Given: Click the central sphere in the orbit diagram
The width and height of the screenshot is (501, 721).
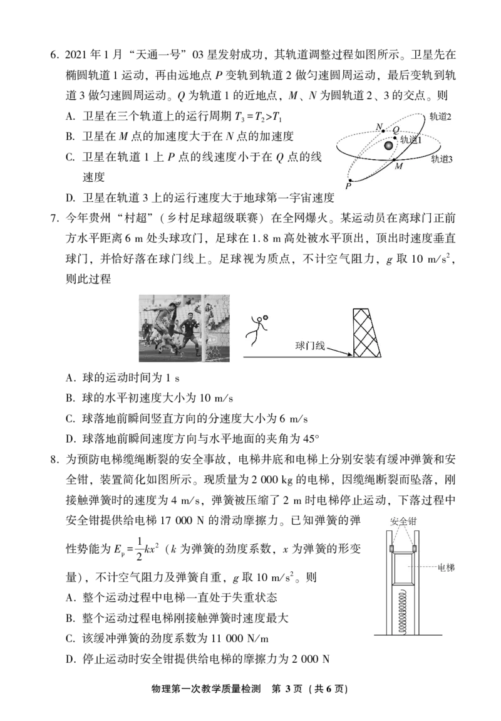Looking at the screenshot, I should [389, 145].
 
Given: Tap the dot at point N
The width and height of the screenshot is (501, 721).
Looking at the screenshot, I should [384, 131].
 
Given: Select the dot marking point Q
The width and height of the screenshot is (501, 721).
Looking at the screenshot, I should [395, 138].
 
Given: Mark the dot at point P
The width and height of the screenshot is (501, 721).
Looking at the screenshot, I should [351, 180].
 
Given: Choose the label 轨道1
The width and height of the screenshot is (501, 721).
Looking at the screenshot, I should [411, 140].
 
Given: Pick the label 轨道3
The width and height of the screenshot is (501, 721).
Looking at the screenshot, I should [442, 159].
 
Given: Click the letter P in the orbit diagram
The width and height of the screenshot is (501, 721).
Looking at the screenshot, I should [348, 187].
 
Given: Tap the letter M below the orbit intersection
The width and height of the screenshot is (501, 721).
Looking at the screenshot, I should [399, 167].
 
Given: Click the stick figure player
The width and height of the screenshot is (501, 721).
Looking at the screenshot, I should [254, 330].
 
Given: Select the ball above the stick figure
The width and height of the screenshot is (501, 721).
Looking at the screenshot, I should [265, 317].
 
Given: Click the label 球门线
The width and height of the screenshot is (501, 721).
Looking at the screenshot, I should [311, 345].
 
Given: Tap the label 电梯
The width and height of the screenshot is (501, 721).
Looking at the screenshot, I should [445, 568].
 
